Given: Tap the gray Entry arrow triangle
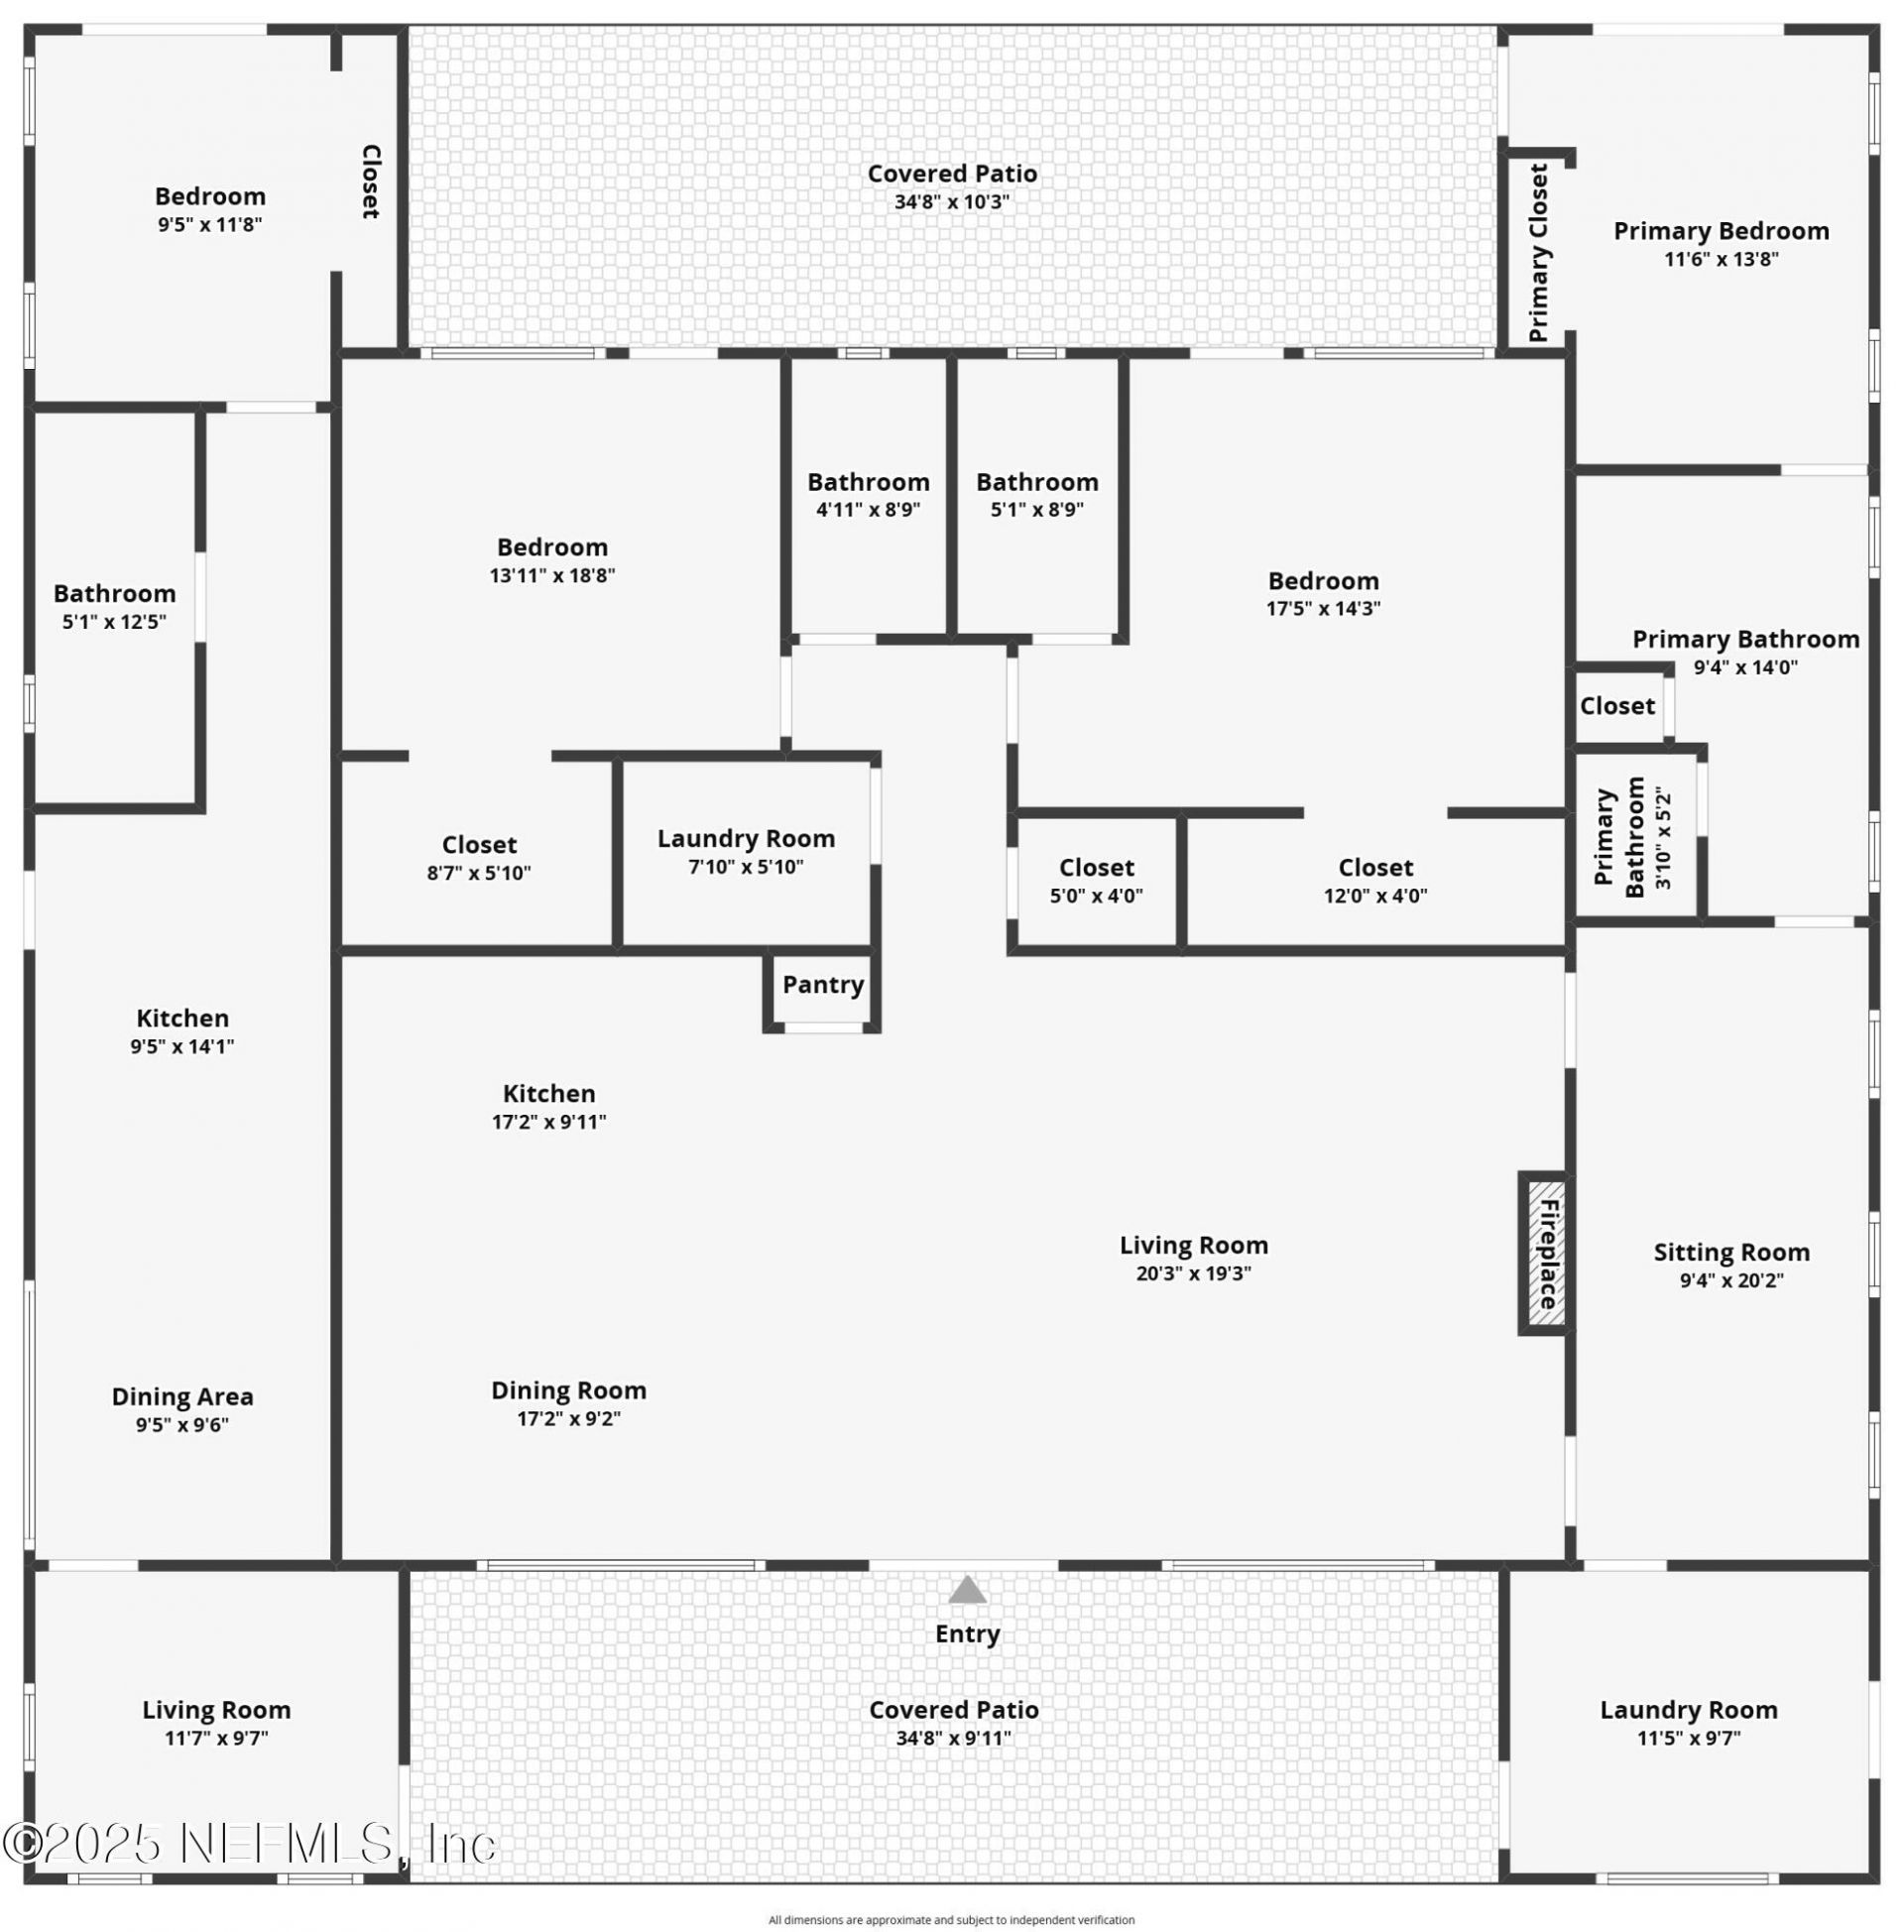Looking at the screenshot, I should tap(967, 1590).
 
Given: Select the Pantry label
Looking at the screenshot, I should tap(823, 985).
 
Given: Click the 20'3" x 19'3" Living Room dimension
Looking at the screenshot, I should tap(1193, 1273).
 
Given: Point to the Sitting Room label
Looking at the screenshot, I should tap(1731, 1252).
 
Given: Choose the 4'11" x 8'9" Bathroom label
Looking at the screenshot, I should tap(868, 482).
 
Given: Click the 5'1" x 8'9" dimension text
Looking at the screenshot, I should tap(1037, 509).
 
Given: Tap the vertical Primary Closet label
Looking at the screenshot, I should tap(1538, 253).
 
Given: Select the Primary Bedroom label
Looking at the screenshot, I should tap(1721, 231).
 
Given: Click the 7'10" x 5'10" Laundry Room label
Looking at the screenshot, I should tap(746, 838).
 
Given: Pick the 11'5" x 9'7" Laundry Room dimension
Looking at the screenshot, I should tap(1688, 1738).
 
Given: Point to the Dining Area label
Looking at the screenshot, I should tap(182, 1396).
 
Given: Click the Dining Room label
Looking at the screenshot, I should tap(568, 1390).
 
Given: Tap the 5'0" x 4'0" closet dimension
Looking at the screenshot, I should tap(1096, 895).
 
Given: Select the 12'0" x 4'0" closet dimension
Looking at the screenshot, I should tap(1375, 895).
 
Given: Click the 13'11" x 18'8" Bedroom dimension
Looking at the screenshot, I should tap(552, 575).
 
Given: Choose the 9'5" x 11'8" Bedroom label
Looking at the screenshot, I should tap(210, 196).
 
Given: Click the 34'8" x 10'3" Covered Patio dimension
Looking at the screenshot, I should tap(952, 201).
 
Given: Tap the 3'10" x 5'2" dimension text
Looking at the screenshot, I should tap(1663, 839).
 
